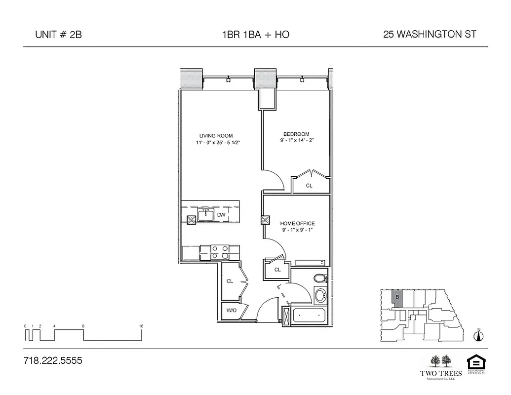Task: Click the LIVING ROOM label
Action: pos(216,136)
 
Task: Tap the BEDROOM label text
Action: pos(296,134)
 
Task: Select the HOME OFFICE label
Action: pos(297,224)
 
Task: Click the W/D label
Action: pos(231,311)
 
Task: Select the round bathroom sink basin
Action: pos(320,296)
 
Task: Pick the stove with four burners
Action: pos(219,252)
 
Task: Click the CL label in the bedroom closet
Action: pos(309,186)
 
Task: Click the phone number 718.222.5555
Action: pos(53,360)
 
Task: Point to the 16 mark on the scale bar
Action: pos(141,326)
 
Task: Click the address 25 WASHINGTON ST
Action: pos(430,35)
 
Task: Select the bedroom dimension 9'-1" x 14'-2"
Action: pos(296,141)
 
